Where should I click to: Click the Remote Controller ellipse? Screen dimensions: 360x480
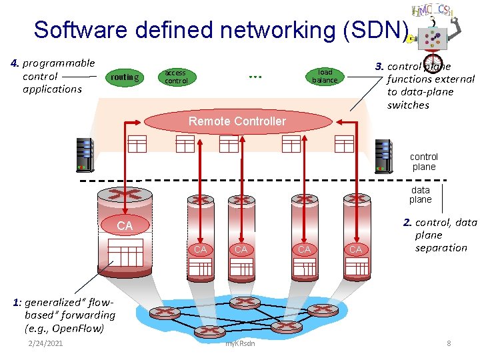click(237, 121)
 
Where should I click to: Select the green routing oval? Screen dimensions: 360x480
click(125, 77)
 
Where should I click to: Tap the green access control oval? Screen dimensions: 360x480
click(176, 77)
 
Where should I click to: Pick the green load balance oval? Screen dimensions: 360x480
click(325, 77)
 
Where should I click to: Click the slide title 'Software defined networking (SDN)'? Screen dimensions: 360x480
click(221, 30)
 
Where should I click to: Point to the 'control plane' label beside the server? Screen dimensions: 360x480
click(423, 162)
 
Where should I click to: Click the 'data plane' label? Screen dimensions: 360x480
click(420, 195)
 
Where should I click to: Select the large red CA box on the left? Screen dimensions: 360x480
click(125, 226)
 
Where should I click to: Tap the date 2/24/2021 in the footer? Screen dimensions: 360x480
click(45, 343)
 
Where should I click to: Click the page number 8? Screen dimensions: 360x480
click(449, 343)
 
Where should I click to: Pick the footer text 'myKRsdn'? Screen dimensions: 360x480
click(240, 344)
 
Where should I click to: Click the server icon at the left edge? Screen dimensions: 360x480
click(85, 154)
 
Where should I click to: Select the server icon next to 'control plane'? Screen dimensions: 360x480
click(383, 155)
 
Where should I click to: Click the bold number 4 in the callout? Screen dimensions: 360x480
click(15, 63)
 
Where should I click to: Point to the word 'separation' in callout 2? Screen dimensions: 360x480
click(441, 248)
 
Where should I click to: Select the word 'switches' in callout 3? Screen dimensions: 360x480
click(408, 105)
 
